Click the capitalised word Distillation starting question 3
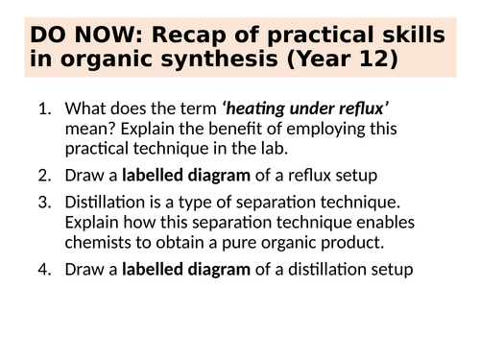click(103, 203)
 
